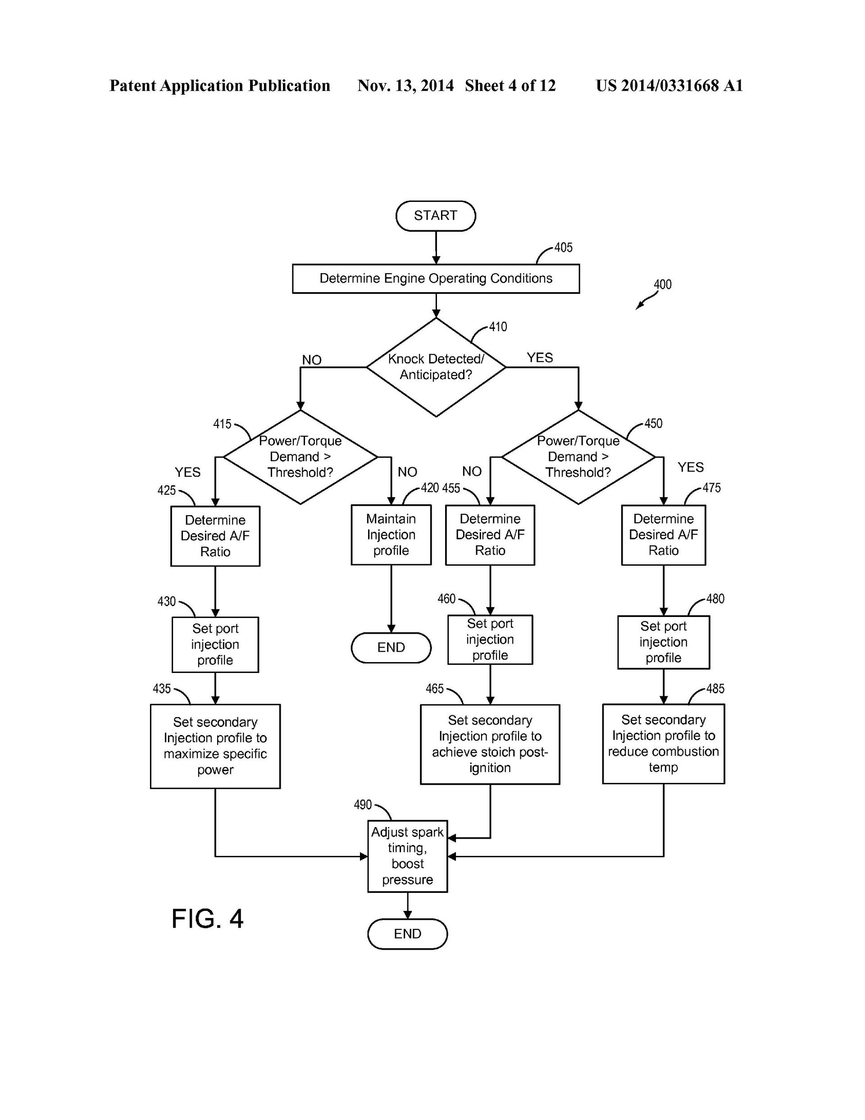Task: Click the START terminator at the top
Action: (435, 215)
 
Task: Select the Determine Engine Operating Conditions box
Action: (435, 279)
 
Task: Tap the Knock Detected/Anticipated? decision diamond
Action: (435, 367)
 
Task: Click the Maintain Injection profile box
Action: (391, 535)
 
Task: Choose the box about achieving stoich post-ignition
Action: (490, 744)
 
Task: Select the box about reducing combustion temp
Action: (663, 744)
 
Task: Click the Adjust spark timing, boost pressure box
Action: (407, 856)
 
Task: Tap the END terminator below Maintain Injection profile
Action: (391, 647)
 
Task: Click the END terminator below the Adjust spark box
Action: (407, 934)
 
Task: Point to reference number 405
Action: (563, 248)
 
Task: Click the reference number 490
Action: (363, 805)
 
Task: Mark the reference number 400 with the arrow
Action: (662, 284)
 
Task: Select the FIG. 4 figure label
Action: (207, 919)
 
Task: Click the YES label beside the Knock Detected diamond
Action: (539, 357)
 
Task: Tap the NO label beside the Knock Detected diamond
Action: (311, 360)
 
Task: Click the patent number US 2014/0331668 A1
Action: (669, 86)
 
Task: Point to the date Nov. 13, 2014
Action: (405, 86)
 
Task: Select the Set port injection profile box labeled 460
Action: (490, 640)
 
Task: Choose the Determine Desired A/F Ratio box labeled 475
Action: (663, 535)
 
